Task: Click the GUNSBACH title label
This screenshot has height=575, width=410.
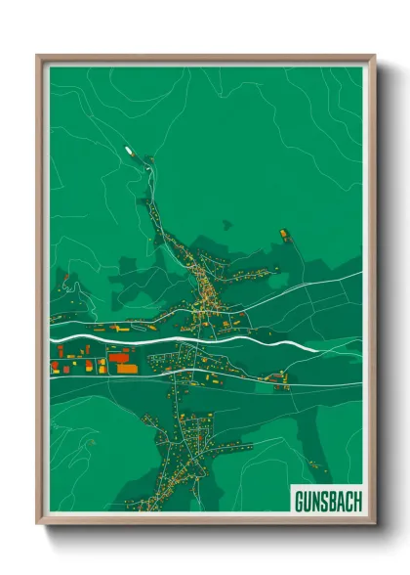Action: coord(327,501)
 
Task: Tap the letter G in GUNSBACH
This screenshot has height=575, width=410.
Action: coord(299,501)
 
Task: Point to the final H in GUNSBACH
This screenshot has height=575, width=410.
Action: coord(356,501)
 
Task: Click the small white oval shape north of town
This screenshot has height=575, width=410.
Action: coord(128,151)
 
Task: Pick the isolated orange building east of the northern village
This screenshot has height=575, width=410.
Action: coord(284,234)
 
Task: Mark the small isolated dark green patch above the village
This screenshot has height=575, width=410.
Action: coord(226,224)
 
